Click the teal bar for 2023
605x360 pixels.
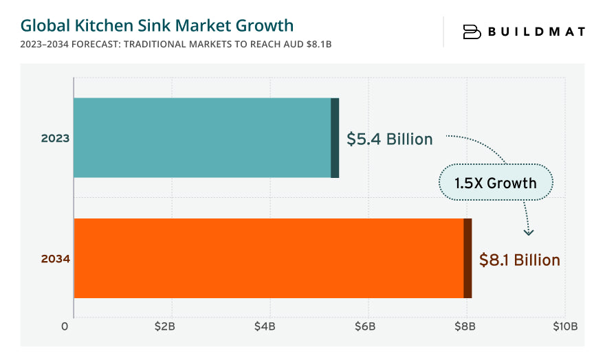coord(203,137)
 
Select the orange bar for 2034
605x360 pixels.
coord(268,258)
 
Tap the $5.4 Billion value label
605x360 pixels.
coord(389,139)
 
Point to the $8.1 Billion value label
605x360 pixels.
coord(519,260)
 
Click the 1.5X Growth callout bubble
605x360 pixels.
coord(496,183)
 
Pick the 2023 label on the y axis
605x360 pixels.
coord(55,138)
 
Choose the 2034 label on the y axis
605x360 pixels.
coord(55,259)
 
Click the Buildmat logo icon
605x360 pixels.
coord(472,32)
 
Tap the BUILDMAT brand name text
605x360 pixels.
coord(536,32)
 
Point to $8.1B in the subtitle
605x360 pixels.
coord(323,44)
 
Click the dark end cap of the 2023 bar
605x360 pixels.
coord(335,137)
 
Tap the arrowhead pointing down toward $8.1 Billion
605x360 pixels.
coord(528,232)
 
